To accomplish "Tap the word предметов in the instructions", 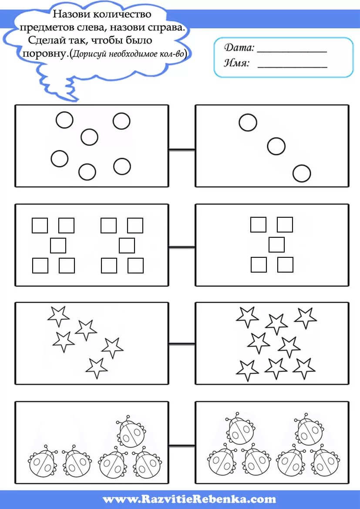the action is [44, 28].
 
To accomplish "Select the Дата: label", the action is [239, 48].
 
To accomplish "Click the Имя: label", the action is [237, 63].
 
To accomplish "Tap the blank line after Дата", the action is [292, 52].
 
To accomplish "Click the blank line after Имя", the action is [292, 67].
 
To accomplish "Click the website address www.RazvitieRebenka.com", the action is [189, 499].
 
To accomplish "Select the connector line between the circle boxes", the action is [182, 150].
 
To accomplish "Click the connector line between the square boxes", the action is [182, 248].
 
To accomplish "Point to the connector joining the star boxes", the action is [182, 344].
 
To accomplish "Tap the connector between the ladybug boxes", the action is [182, 446].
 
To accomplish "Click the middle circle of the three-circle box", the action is [276, 146].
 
